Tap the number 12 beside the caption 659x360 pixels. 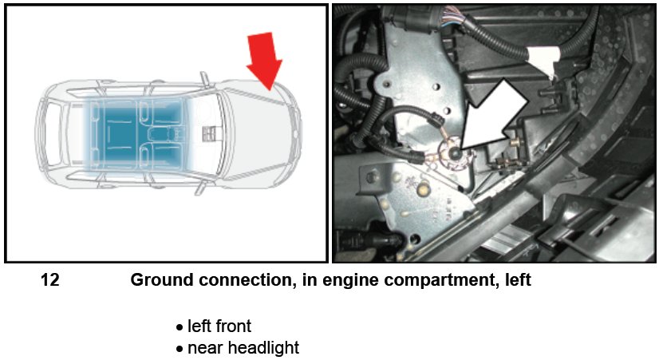pos(49,281)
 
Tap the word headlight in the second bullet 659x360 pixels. pos(263,348)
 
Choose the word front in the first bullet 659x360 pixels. pos(231,326)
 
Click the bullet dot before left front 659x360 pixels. pos(180,327)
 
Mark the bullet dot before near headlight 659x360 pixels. pos(180,350)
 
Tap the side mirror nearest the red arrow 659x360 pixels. pos(205,79)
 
